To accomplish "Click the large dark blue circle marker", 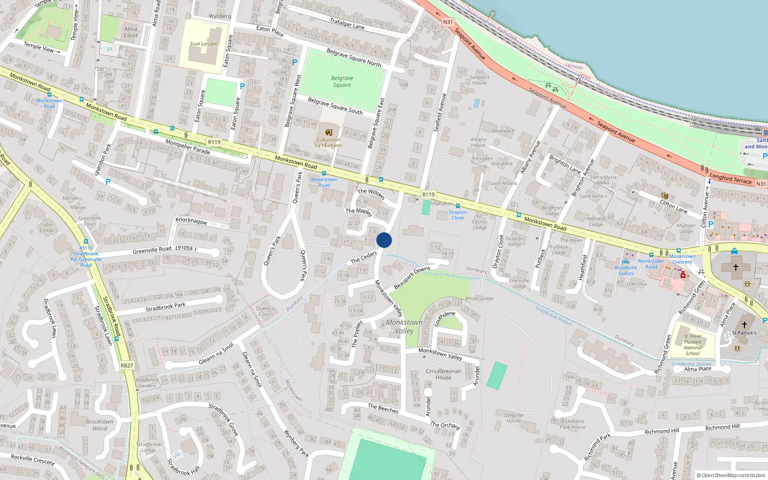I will [384, 240].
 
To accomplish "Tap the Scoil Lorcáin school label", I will [203, 44].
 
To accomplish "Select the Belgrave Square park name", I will [342, 82].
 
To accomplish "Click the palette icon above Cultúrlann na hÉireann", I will [329, 132].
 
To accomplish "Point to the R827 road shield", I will [127, 365].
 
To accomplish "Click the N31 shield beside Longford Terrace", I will [761, 184].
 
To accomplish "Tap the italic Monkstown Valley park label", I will [404, 326].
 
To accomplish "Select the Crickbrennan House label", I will [443, 374].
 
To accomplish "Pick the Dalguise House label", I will [514, 418].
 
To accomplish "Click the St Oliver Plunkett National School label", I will [693, 345].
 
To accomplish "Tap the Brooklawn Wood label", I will [100, 425].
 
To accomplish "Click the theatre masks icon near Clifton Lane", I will [665, 196].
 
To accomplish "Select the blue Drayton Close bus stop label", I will [457, 215].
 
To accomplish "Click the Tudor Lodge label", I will [47, 227].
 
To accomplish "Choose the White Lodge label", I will [479, 298].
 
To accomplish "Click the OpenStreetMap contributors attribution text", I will [731, 475].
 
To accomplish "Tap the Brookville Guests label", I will [626, 271].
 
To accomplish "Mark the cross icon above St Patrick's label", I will [744, 325].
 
